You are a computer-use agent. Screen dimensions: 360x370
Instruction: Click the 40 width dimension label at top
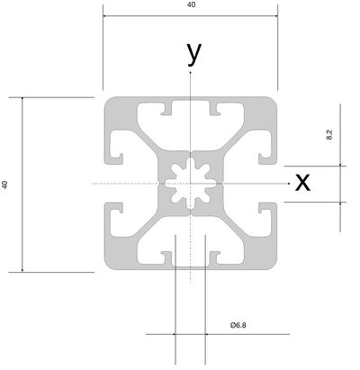point(191,5)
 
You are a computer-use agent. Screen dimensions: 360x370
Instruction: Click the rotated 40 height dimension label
point(4,185)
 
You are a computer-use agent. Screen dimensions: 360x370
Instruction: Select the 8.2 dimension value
point(328,135)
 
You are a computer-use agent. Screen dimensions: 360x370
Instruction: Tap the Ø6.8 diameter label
point(238,325)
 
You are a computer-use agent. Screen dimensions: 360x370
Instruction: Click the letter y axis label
point(194,53)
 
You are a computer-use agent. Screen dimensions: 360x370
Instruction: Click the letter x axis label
point(302,183)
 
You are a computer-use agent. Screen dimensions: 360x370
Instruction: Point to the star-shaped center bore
point(191,184)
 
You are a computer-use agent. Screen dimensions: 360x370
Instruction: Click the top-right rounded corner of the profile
point(273,101)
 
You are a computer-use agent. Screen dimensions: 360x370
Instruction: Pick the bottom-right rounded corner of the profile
point(273,266)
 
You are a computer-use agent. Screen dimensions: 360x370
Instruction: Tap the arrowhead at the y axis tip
point(190,72)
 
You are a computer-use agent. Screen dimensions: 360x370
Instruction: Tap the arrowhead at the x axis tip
point(289,184)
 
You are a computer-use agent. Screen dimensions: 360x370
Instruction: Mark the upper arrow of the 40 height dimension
point(22,99)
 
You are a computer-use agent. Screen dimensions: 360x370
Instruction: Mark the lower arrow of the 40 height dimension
point(22,271)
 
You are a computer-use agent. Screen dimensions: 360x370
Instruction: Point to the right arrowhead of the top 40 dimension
point(276,15)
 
